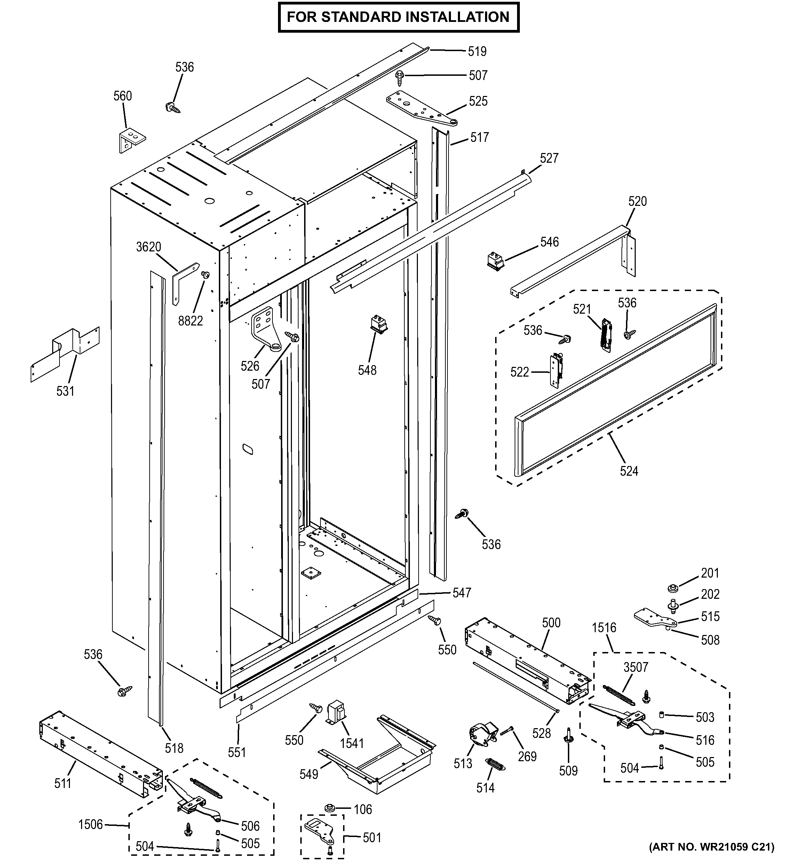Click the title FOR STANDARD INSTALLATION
pyautogui.click(x=398, y=17)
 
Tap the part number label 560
pyautogui.click(x=122, y=96)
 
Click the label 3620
pyautogui.click(x=149, y=247)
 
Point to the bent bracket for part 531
pyautogui.click(x=65, y=354)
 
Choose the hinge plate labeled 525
pyautogui.click(x=419, y=109)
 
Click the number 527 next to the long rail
pyautogui.click(x=549, y=158)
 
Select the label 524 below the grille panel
pyautogui.click(x=629, y=471)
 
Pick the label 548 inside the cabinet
pyautogui.click(x=367, y=370)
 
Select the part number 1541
pyautogui.click(x=351, y=743)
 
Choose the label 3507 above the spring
pyautogui.click(x=636, y=667)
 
